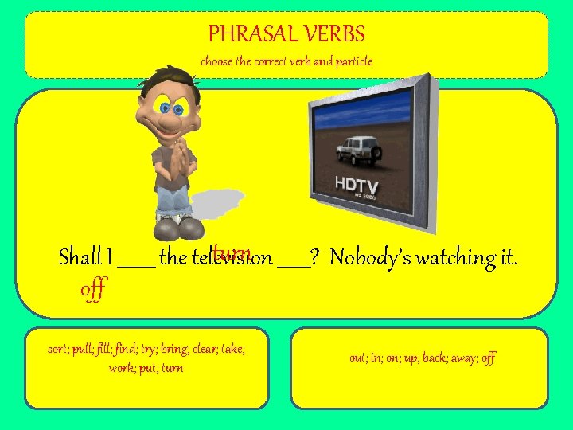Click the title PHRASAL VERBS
coord(286,34)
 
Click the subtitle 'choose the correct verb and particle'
coord(286,61)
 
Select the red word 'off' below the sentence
coord(92,289)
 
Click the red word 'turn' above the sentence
coord(231,253)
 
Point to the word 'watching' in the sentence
coord(453,257)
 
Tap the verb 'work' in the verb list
coord(121,368)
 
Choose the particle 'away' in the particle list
coord(463,358)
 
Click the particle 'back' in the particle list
coord(430,358)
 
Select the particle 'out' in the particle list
coord(357,358)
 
